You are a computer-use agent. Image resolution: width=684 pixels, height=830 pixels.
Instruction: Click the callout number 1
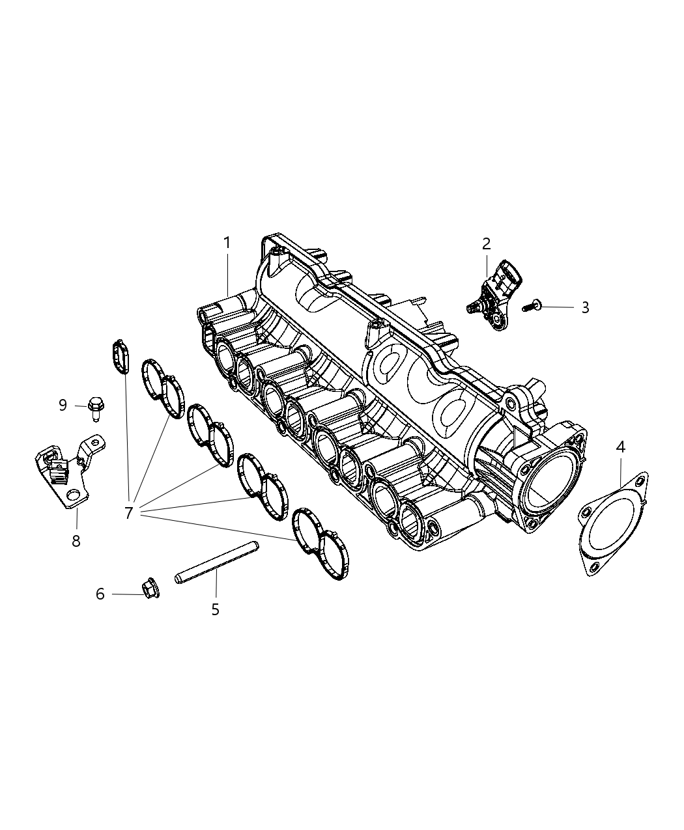pos(227,243)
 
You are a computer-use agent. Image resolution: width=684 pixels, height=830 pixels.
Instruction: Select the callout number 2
pos(486,244)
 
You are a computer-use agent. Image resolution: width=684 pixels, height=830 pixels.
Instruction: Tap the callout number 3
pos(585,307)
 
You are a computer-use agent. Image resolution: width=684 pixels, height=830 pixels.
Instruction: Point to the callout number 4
pos(620,447)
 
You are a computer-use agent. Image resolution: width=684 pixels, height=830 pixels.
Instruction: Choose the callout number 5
pos(215,609)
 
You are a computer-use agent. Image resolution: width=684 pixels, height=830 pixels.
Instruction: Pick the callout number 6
pos(100,594)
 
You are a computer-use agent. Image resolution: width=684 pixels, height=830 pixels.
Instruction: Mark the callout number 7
pos(128,513)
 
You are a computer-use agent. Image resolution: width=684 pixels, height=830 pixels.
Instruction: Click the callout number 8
pos(76,540)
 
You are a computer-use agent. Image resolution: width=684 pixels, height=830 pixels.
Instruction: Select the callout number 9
pos(63,405)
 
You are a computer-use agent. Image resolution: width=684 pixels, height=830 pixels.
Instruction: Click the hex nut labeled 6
pos(150,588)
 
